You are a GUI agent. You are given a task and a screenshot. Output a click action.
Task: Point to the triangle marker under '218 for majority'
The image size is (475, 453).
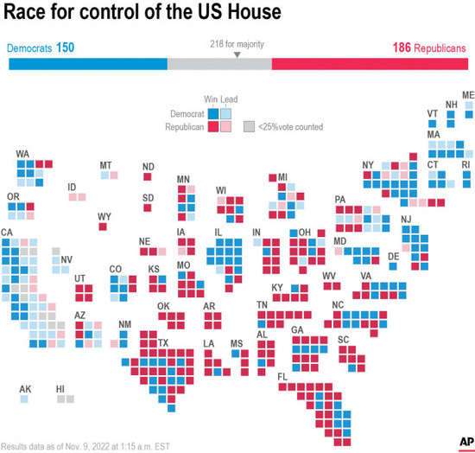coord(237,54)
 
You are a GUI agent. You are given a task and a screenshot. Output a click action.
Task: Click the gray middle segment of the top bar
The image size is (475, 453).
coord(219,65)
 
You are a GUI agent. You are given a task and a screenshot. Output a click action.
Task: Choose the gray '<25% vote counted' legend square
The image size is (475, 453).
coord(249,126)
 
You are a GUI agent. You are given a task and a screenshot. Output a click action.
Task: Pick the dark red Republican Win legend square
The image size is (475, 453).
coord(213,126)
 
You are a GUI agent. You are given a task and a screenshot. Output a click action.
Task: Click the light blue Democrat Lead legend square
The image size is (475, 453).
coord(225,112)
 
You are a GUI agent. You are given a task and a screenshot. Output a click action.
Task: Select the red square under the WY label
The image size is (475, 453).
coord(104,226)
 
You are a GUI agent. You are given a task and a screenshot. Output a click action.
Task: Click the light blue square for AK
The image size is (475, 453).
coord(25,399)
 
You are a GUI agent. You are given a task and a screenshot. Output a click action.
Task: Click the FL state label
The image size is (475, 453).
coord(282,377)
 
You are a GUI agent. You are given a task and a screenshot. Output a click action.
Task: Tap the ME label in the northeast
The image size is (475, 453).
coord(468,94)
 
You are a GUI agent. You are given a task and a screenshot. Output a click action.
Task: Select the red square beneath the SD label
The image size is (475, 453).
coord(148,207)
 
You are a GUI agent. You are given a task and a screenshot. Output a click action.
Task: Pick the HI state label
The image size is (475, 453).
coord(60,389)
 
